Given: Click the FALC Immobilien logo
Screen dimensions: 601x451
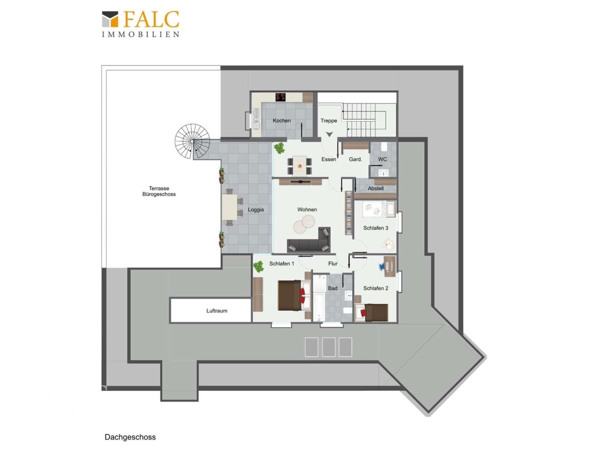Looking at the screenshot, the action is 141,24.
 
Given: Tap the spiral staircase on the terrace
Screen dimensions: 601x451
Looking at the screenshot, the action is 192,141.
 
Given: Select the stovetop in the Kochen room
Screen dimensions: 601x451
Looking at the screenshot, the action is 280,97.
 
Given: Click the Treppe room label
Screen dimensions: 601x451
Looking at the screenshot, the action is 329,120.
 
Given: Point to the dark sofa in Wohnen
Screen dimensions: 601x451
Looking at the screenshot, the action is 309,241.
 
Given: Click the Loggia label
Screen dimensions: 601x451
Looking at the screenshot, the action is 256,209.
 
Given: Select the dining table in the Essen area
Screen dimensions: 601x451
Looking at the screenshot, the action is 299,166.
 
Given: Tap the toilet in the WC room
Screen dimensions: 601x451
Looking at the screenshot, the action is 384,147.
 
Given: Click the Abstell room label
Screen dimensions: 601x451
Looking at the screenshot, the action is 376,188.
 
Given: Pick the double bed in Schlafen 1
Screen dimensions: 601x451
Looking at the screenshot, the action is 294,295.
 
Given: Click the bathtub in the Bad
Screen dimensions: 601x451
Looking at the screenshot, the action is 319,307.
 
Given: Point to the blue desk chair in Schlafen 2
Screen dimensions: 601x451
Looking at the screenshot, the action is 382,266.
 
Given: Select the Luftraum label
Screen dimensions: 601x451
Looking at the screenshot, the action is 216,311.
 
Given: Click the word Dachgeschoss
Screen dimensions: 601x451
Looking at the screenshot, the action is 130,437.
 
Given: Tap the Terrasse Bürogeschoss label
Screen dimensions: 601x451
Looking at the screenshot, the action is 159,191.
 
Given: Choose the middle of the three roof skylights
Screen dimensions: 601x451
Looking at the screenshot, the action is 328,347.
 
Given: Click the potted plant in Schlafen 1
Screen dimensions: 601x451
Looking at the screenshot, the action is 258,266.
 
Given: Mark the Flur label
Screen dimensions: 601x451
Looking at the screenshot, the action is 333,264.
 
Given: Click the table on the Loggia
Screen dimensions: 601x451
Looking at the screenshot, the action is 229,207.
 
